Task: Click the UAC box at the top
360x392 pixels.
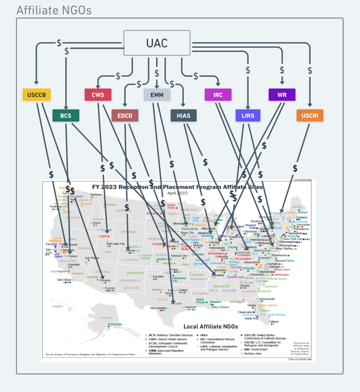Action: [x=157, y=43]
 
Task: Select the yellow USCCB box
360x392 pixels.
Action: [x=36, y=95]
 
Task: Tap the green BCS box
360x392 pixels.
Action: [x=66, y=116]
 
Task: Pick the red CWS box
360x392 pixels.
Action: [x=98, y=95]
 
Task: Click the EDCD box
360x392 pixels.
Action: [x=125, y=116]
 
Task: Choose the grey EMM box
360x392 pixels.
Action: [x=157, y=95]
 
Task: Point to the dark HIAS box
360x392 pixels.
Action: [x=183, y=116]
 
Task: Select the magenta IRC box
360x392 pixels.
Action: [x=218, y=95]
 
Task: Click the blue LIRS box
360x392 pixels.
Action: [x=248, y=116]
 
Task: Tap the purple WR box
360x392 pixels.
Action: [x=282, y=95]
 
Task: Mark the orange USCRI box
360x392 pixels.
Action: [x=310, y=116]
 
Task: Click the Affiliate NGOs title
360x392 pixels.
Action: [x=54, y=10]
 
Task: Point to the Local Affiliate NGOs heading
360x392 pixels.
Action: [x=211, y=327]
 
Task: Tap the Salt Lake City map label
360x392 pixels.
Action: [x=116, y=244]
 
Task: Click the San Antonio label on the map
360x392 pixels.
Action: [x=158, y=308]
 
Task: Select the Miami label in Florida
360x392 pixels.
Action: [x=274, y=322]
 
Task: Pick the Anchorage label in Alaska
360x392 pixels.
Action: [x=115, y=324]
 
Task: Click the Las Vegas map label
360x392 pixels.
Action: [x=92, y=258]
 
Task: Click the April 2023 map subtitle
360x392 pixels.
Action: [x=177, y=193]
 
